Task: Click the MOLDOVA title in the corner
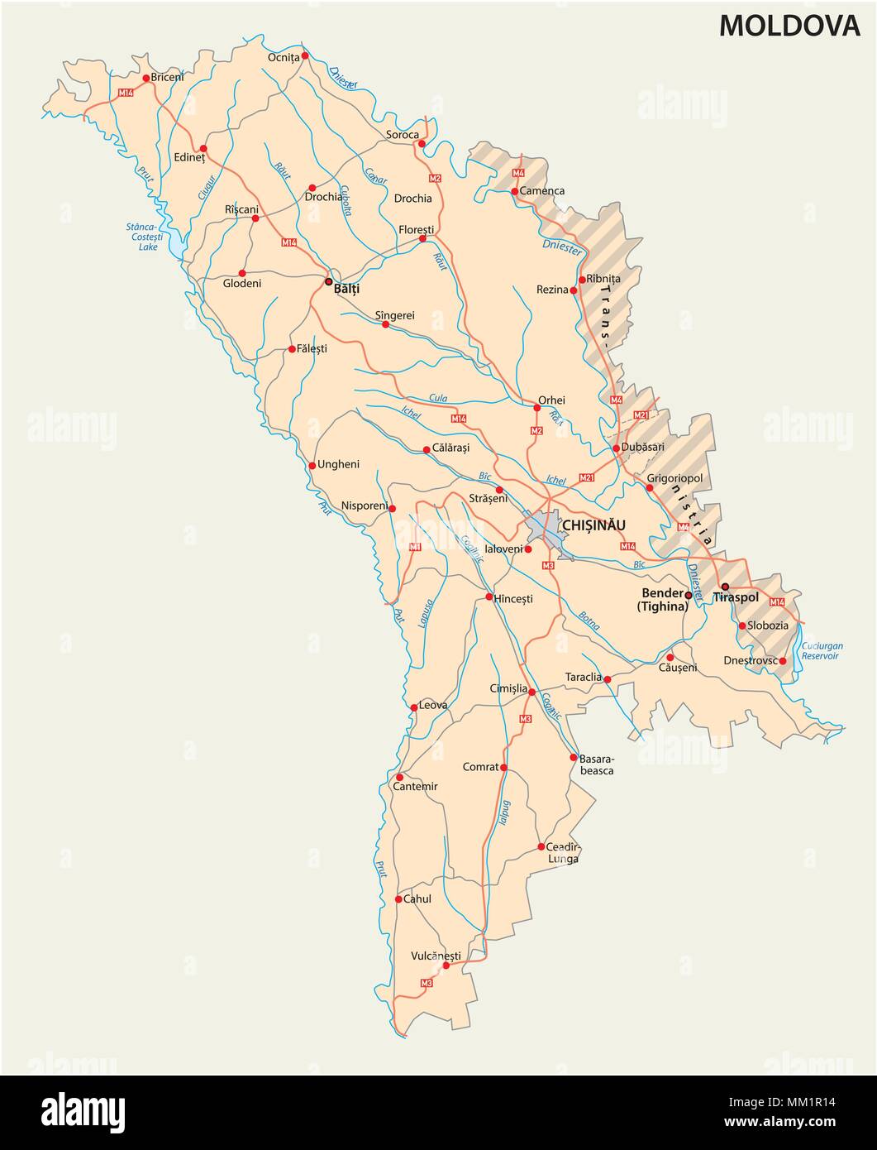(x=789, y=26)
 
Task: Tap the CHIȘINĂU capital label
(x=593, y=525)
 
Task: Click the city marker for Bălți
(x=328, y=281)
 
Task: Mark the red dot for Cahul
(x=398, y=899)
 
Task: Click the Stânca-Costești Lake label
(x=148, y=236)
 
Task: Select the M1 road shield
(x=414, y=547)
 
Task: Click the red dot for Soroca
(x=421, y=144)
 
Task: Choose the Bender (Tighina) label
(x=661, y=600)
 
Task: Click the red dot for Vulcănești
(x=446, y=965)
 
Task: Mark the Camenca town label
(x=543, y=191)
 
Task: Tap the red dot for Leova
(x=414, y=707)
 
